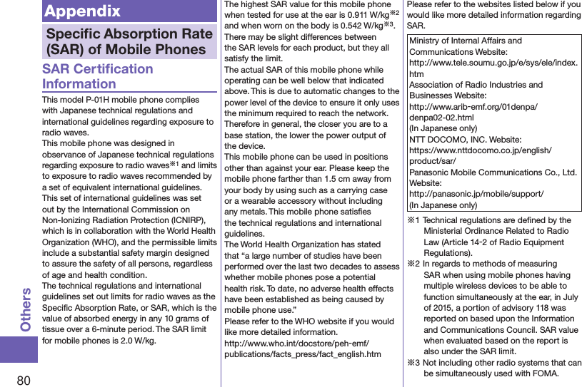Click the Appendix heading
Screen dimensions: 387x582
click(x=82, y=11)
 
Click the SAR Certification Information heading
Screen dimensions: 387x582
click(x=97, y=76)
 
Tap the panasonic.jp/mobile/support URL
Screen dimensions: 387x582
click(x=476, y=194)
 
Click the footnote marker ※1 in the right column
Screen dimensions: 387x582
click(x=413, y=221)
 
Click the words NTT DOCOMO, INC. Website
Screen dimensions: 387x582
click(x=465, y=140)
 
